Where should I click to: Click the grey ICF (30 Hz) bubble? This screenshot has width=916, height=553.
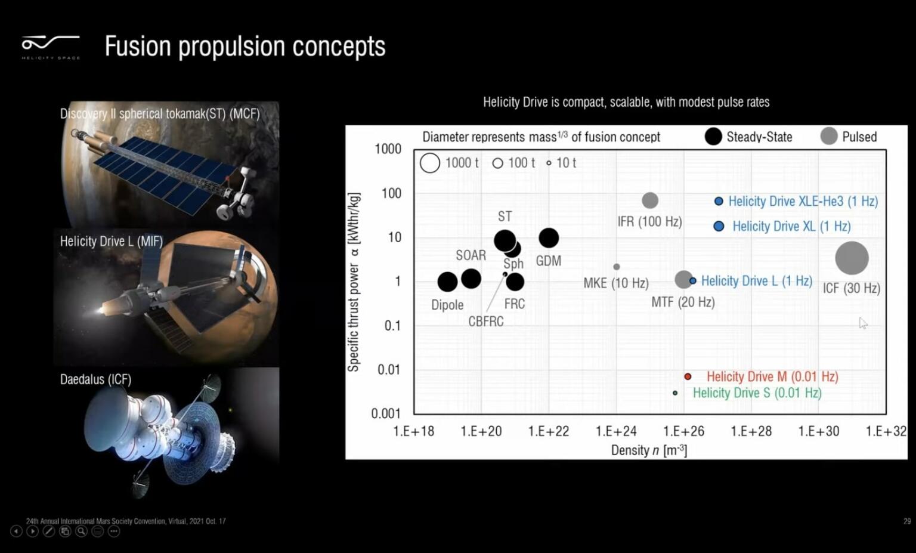click(x=852, y=258)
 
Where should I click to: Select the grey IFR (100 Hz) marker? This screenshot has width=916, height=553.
click(x=650, y=200)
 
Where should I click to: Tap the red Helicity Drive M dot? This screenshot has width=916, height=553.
click(x=688, y=376)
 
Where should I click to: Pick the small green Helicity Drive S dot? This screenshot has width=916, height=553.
click(x=675, y=393)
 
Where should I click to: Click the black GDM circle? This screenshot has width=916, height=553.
click(x=549, y=238)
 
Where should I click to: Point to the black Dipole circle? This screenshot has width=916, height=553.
click(x=447, y=282)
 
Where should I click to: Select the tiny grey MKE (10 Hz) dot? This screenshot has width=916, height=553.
click(x=617, y=267)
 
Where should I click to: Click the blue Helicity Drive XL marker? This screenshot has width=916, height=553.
click(x=719, y=226)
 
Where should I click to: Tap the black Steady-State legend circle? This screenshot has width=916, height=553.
click(x=713, y=137)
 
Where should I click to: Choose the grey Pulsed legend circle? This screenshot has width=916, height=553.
click(x=829, y=137)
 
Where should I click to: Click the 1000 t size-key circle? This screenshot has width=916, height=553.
click(x=430, y=163)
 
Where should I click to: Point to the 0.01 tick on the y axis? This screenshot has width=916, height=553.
click(x=389, y=370)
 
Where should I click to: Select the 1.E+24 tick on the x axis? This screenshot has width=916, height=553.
click(x=616, y=431)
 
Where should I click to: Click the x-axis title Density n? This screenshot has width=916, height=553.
click(x=649, y=450)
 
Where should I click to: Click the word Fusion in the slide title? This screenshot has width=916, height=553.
click(x=138, y=47)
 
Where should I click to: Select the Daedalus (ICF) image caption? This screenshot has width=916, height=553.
click(x=95, y=379)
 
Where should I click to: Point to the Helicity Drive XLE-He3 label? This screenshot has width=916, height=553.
click(x=803, y=202)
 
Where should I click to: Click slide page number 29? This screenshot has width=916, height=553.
click(x=907, y=521)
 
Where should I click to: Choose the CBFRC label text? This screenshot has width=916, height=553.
click(x=486, y=322)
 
